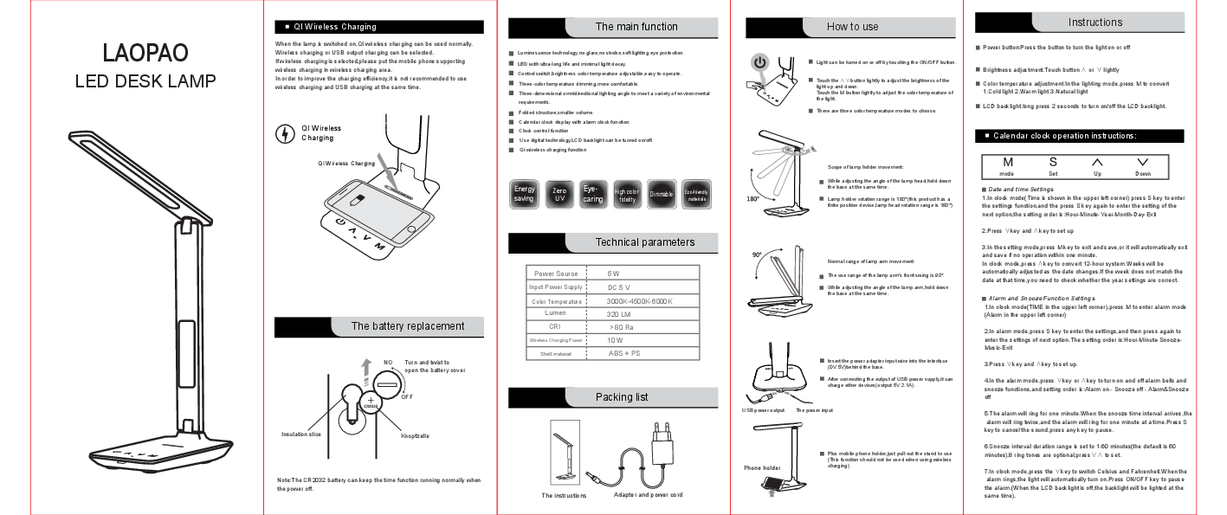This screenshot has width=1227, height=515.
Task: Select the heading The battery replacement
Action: tap(407, 326)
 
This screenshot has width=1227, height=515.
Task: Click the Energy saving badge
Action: tap(525, 194)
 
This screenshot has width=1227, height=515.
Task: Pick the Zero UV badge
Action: tap(559, 194)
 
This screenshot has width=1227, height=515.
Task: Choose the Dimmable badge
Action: tap(662, 194)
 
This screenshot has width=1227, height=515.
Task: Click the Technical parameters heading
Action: tap(644, 242)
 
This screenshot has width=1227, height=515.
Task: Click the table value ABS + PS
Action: tap(623, 353)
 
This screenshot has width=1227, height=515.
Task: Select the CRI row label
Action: tap(555, 325)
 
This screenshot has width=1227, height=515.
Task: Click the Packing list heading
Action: tap(621, 397)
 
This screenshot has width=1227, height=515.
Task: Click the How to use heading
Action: tap(852, 27)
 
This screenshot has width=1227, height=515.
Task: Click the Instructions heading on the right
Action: tap(1095, 23)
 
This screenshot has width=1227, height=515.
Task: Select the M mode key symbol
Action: tap(1007, 162)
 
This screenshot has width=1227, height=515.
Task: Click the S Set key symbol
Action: tap(1053, 162)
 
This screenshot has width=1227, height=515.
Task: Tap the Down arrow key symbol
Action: tap(1142, 162)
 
